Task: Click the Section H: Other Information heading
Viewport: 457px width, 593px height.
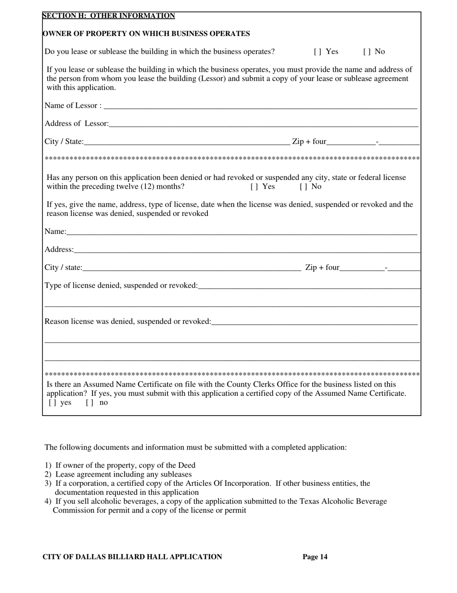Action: tap(109, 16)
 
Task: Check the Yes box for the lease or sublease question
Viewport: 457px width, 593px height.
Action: tap(316, 51)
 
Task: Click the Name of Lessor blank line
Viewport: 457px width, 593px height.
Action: tap(260, 106)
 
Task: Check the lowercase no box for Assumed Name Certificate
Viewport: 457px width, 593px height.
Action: tap(89, 403)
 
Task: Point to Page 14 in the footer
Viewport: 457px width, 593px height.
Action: tap(315, 557)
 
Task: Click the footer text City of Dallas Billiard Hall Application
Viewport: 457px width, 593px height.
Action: tap(132, 557)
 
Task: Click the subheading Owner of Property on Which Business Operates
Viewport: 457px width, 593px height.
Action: tap(146, 34)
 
